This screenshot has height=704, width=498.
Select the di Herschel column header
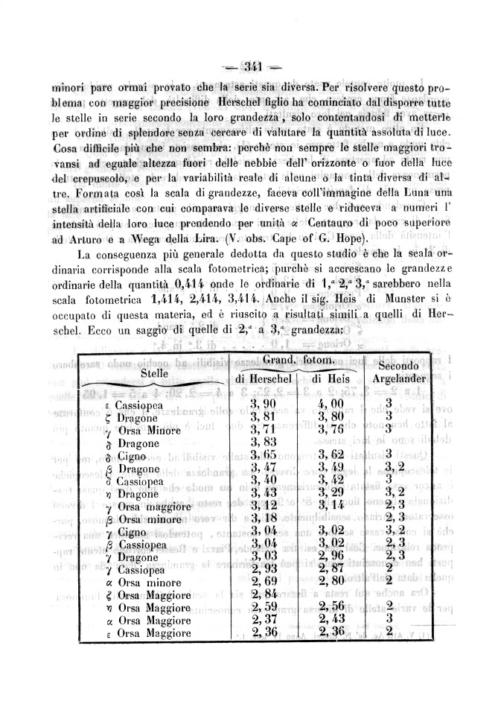266,380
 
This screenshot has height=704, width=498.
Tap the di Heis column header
326,380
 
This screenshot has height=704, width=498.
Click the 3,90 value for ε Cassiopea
266,405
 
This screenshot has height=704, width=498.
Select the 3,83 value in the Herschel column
266,443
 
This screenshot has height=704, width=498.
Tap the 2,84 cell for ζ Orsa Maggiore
265,594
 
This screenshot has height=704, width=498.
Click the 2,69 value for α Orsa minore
265,581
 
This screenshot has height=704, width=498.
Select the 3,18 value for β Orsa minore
265,519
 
